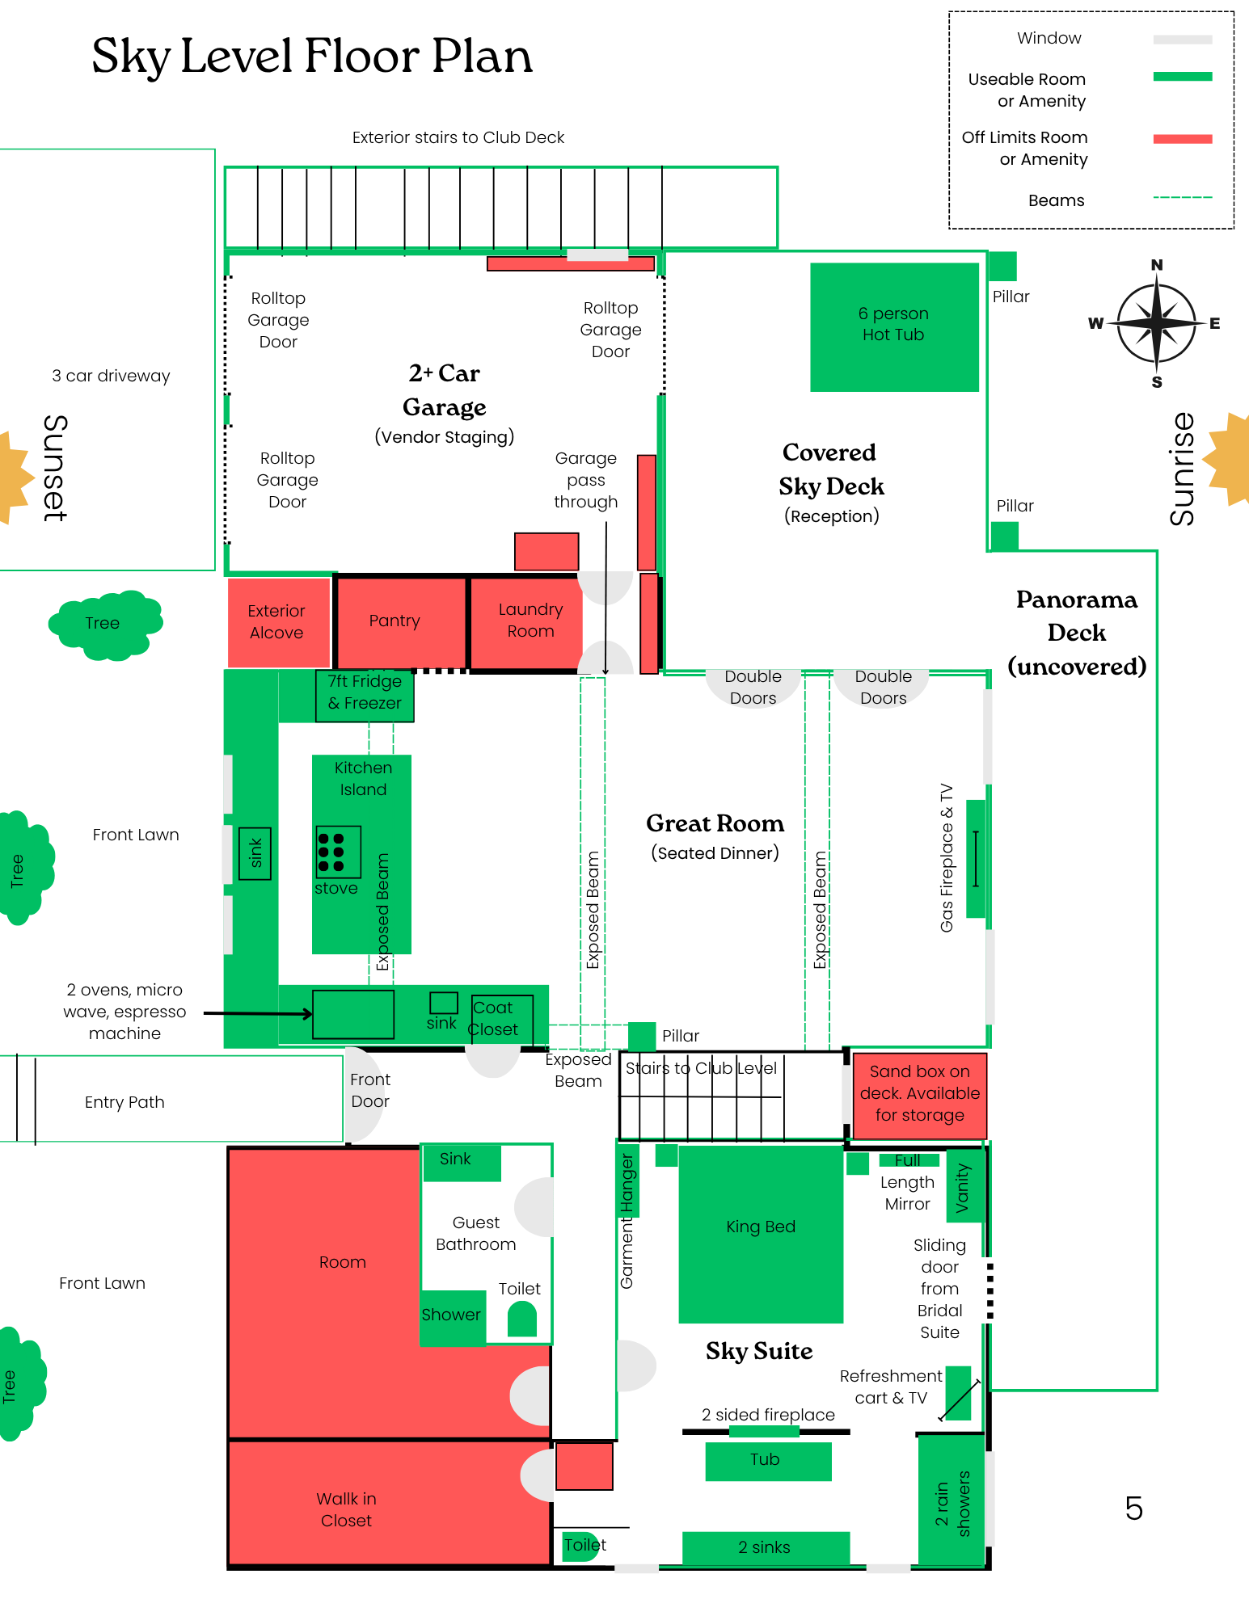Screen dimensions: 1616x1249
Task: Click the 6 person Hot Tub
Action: coord(894,326)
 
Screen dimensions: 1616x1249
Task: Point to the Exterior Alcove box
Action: coord(277,622)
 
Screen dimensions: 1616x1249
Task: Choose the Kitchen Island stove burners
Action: coord(337,852)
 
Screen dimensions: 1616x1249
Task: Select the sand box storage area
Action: coord(919,1094)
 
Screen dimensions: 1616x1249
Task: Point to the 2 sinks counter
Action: coord(765,1547)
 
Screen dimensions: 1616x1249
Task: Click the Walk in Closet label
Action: coord(346,1509)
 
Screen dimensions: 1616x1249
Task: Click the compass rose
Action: coord(1156,323)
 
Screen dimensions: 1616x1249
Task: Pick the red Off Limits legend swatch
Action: coord(1182,139)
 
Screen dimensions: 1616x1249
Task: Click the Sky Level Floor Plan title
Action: coord(312,57)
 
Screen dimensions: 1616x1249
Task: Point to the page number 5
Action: coord(1133,1509)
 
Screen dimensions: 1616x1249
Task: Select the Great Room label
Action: coord(715,823)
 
